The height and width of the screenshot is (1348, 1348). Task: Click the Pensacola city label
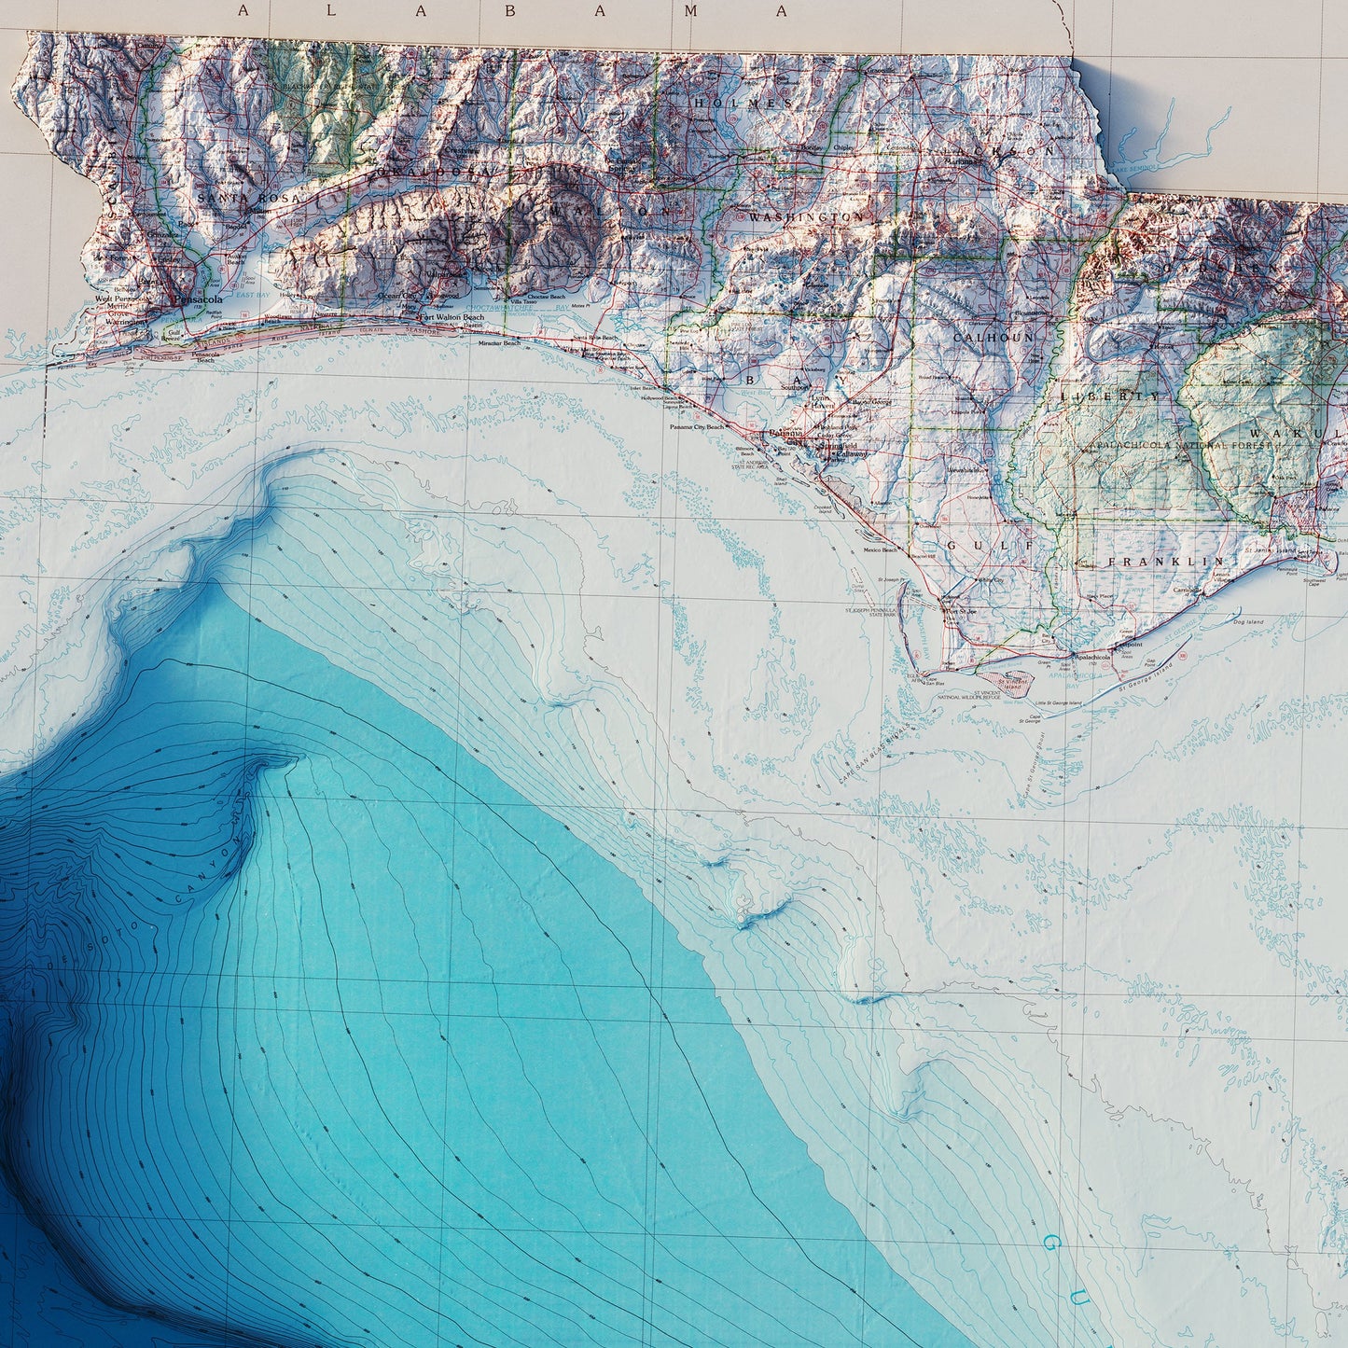(197, 299)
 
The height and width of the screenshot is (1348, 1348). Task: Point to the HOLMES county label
(743, 104)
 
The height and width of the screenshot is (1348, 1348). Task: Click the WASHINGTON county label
(806, 216)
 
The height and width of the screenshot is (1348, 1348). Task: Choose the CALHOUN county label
(993, 337)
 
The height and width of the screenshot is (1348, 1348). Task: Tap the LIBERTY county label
(1110, 396)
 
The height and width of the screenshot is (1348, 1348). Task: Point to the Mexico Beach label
(880, 550)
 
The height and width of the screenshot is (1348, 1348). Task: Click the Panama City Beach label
(696, 427)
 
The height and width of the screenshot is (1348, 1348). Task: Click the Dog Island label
(1247, 621)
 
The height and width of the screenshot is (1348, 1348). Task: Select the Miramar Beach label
(499, 344)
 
